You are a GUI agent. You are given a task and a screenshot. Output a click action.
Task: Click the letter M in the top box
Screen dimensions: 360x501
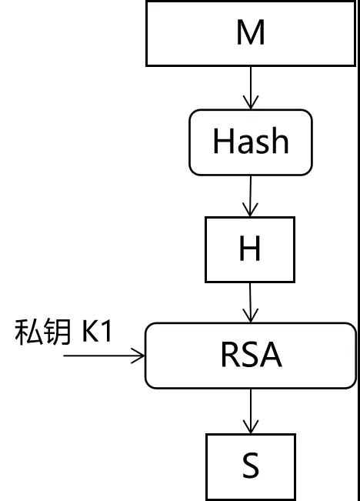251,32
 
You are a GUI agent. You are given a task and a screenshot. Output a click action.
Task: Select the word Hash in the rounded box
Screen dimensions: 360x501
251,141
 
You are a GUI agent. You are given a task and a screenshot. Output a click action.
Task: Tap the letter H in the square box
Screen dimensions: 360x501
250,249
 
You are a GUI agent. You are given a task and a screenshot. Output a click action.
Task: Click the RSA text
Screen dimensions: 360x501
252,354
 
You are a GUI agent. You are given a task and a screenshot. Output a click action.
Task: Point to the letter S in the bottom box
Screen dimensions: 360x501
251,465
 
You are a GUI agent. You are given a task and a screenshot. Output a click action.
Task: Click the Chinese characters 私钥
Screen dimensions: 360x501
42,332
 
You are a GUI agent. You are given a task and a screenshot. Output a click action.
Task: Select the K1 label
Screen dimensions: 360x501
97,332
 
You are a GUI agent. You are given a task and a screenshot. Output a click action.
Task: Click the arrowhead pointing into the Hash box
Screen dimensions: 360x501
251,102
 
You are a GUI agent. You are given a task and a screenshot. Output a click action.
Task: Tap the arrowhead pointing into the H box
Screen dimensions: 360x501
250,209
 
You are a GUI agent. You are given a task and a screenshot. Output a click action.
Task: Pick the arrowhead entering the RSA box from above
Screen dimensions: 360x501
251,316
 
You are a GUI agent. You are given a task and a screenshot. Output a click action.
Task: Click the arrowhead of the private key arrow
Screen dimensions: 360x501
138,356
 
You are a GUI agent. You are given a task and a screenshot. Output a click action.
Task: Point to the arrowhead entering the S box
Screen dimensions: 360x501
251,427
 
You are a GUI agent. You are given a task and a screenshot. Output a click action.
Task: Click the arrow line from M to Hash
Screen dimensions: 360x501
251,88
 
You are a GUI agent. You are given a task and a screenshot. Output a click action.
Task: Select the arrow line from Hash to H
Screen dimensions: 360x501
251,196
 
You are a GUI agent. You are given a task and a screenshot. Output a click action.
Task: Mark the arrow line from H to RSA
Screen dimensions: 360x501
251,302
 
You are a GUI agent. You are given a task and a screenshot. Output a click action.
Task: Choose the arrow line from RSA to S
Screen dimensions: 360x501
251,411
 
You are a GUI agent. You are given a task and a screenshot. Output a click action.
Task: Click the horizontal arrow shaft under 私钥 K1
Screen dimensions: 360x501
104,356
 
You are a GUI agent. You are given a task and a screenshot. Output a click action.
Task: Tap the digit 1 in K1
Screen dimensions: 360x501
107,332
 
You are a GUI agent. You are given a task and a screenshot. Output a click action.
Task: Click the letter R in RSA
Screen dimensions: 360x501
229,354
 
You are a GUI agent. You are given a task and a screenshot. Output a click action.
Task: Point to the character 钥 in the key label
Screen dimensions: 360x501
58,332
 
